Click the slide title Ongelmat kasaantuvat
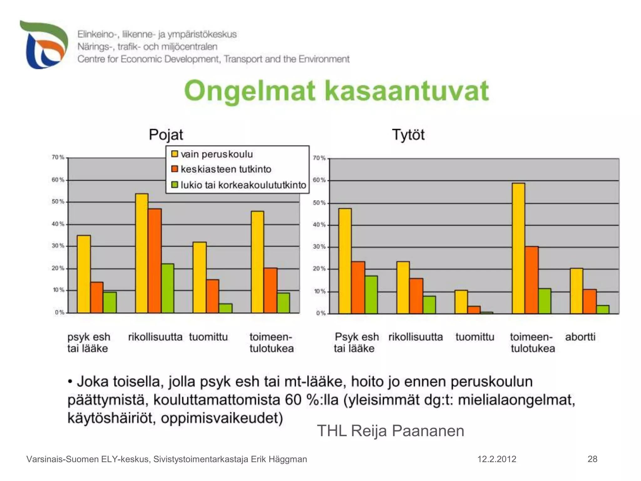tap(336, 91)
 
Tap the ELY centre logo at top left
tap(44, 45)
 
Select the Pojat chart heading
tap(166, 135)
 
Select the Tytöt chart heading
tap(408, 135)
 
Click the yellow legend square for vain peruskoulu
tap(175, 154)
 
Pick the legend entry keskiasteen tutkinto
tap(226, 169)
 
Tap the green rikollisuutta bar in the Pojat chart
tap(167, 288)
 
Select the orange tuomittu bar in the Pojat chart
tap(213, 296)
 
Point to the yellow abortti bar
tap(576, 291)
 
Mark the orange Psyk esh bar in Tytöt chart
tap(358, 287)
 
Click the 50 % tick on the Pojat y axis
tap(58, 202)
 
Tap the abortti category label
tap(580, 337)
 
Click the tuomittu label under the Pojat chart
tap(208, 337)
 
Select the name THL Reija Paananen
tap(390, 431)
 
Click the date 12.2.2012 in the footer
tap(496, 459)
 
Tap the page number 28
tap(592, 459)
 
